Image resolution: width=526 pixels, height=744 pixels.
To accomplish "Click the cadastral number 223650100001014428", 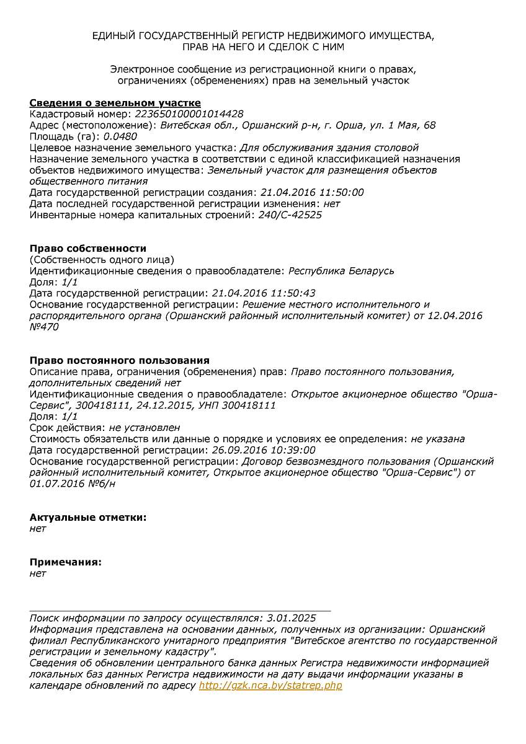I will click(189, 114).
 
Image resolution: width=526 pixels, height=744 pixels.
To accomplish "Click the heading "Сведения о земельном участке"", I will click(115, 103).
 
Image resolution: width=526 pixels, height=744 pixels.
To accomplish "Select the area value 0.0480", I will click(120, 136).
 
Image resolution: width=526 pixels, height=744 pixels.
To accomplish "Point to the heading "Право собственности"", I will click(88, 249).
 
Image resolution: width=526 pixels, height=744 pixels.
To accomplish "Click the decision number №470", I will click(44, 327).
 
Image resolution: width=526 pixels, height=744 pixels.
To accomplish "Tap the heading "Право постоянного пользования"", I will click(120, 360).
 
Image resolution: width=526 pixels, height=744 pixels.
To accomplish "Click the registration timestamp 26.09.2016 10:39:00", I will click(264, 450).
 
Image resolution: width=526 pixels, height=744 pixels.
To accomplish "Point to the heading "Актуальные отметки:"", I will click(88, 517).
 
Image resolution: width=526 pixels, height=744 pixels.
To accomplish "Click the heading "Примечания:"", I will click(66, 562).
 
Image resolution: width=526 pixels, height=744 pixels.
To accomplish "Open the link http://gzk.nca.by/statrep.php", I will click(270, 685).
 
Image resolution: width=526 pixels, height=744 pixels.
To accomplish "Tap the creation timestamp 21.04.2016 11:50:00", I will click(312, 192).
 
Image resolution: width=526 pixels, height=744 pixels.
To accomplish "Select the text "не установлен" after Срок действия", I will click(145, 428).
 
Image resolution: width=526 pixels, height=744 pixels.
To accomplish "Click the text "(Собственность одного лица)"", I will click(102, 260).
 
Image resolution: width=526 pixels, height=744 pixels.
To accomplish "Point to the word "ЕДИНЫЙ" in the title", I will click(114, 36).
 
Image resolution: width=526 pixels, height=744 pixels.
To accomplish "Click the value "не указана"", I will click(438, 439).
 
